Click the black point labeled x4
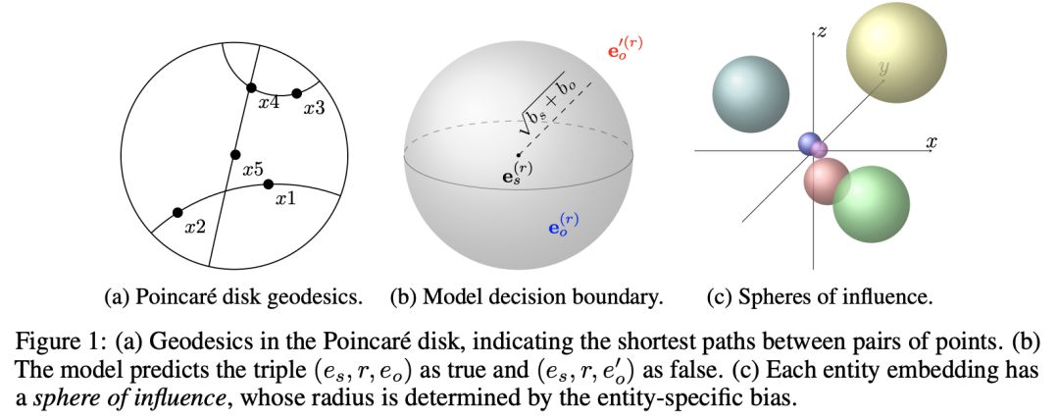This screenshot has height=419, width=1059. (x=251, y=88)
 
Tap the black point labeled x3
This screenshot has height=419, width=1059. (x=296, y=93)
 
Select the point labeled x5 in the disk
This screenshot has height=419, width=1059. (x=235, y=155)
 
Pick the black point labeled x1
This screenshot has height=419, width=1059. (x=268, y=183)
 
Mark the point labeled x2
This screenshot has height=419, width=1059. (x=177, y=212)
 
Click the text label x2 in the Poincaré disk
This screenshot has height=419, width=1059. (x=195, y=227)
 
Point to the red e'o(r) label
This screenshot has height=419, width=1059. (x=626, y=47)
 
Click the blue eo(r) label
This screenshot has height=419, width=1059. (x=563, y=225)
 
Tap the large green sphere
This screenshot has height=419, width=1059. (x=871, y=204)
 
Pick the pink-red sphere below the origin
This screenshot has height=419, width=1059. (x=827, y=182)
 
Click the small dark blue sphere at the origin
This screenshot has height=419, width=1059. (x=809, y=143)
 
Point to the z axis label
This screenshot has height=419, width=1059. (x=822, y=31)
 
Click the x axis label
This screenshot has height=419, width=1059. (x=931, y=142)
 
